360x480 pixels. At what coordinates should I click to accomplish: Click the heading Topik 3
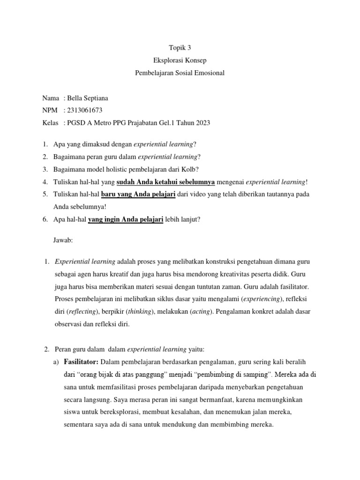(180, 48)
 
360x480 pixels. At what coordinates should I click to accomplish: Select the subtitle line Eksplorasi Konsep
(180, 60)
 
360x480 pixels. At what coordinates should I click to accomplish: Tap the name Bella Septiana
(88, 98)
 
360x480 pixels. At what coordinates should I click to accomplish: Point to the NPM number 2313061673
(85, 111)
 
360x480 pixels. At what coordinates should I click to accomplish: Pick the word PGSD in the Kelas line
(77, 123)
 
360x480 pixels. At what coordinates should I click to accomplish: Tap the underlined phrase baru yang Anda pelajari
(138, 194)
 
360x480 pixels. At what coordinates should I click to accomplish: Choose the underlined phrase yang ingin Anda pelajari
(126, 219)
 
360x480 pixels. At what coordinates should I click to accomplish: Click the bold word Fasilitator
(81, 362)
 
